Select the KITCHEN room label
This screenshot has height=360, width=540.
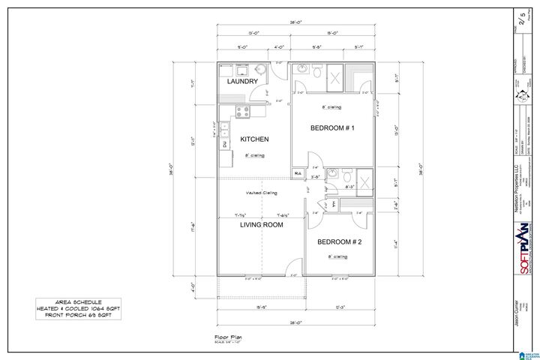(x=254, y=139)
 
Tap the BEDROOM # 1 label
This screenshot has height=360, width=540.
(x=332, y=128)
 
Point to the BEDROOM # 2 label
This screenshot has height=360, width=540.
(x=339, y=242)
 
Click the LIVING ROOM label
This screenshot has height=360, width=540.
(x=261, y=224)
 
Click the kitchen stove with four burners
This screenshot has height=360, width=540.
(x=243, y=112)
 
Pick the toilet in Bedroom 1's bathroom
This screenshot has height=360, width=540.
(x=318, y=73)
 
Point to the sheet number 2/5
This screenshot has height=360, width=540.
(x=523, y=16)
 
